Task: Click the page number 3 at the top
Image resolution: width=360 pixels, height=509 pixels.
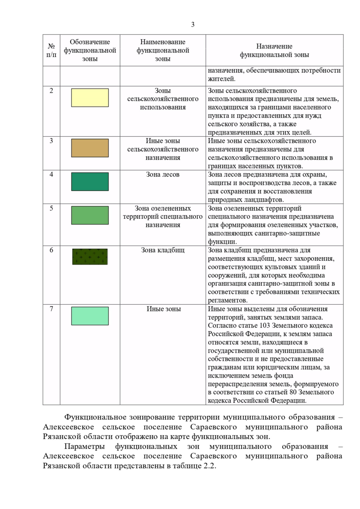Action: [193, 25]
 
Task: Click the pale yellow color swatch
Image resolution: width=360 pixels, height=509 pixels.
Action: [90, 98]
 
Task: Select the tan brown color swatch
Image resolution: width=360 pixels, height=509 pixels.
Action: [90, 148]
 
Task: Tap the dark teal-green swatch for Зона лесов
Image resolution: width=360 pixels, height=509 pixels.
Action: [90, 182]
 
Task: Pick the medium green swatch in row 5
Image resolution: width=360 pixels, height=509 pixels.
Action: [90, 215]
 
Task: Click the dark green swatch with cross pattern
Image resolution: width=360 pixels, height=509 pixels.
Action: [90, 257]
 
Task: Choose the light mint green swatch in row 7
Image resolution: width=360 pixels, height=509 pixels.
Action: [90, 316]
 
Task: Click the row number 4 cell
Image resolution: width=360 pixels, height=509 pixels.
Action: [51, 174]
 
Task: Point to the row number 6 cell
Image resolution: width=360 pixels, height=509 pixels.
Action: [51, 250]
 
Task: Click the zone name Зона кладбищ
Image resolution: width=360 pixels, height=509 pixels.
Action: [163, 250]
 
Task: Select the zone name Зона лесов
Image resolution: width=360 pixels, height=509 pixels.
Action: [163, 174]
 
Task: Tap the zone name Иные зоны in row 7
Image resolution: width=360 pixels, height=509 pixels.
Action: [163, 309]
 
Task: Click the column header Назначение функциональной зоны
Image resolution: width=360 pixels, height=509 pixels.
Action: [274, 50]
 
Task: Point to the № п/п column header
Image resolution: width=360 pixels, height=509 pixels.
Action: [51, 50]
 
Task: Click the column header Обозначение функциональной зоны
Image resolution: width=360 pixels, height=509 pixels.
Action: [90, 50]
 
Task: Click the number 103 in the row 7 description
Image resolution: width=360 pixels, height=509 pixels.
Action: [265, 326]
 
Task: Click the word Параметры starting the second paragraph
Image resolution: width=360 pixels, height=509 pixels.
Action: [84, 446]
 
